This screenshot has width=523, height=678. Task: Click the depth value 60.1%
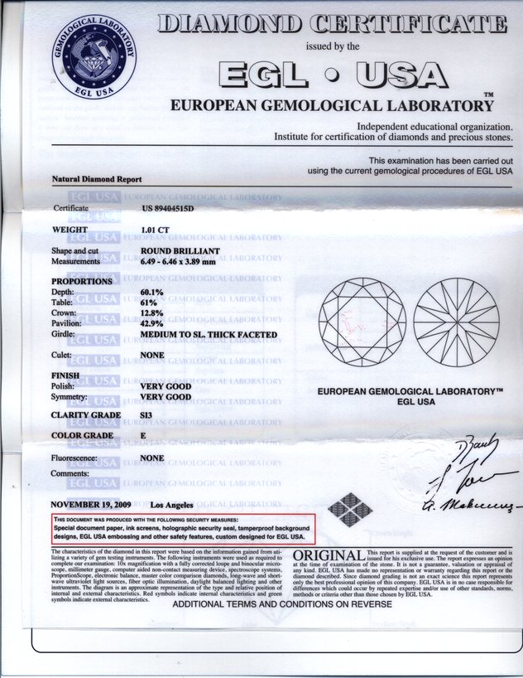point(152,293)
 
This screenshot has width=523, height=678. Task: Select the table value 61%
point(149,303)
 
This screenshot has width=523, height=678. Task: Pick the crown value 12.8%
point(152,313)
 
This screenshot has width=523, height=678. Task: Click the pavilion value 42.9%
point(152,324)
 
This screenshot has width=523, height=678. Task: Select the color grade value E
point(143,435)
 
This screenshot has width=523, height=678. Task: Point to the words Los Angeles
point(172,504)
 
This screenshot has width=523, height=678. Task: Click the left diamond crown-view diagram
point(362,322)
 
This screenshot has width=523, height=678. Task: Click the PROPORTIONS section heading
point(82,282)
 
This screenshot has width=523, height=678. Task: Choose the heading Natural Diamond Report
point(97,179)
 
